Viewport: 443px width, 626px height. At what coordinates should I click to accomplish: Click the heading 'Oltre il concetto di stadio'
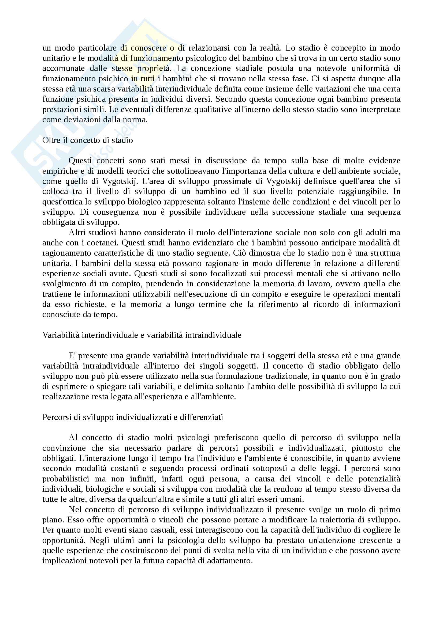(88, 141)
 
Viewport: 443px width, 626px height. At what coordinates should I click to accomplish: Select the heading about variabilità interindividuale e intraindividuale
(142, 335)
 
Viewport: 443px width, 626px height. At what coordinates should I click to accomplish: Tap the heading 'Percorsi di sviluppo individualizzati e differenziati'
(133, 417)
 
